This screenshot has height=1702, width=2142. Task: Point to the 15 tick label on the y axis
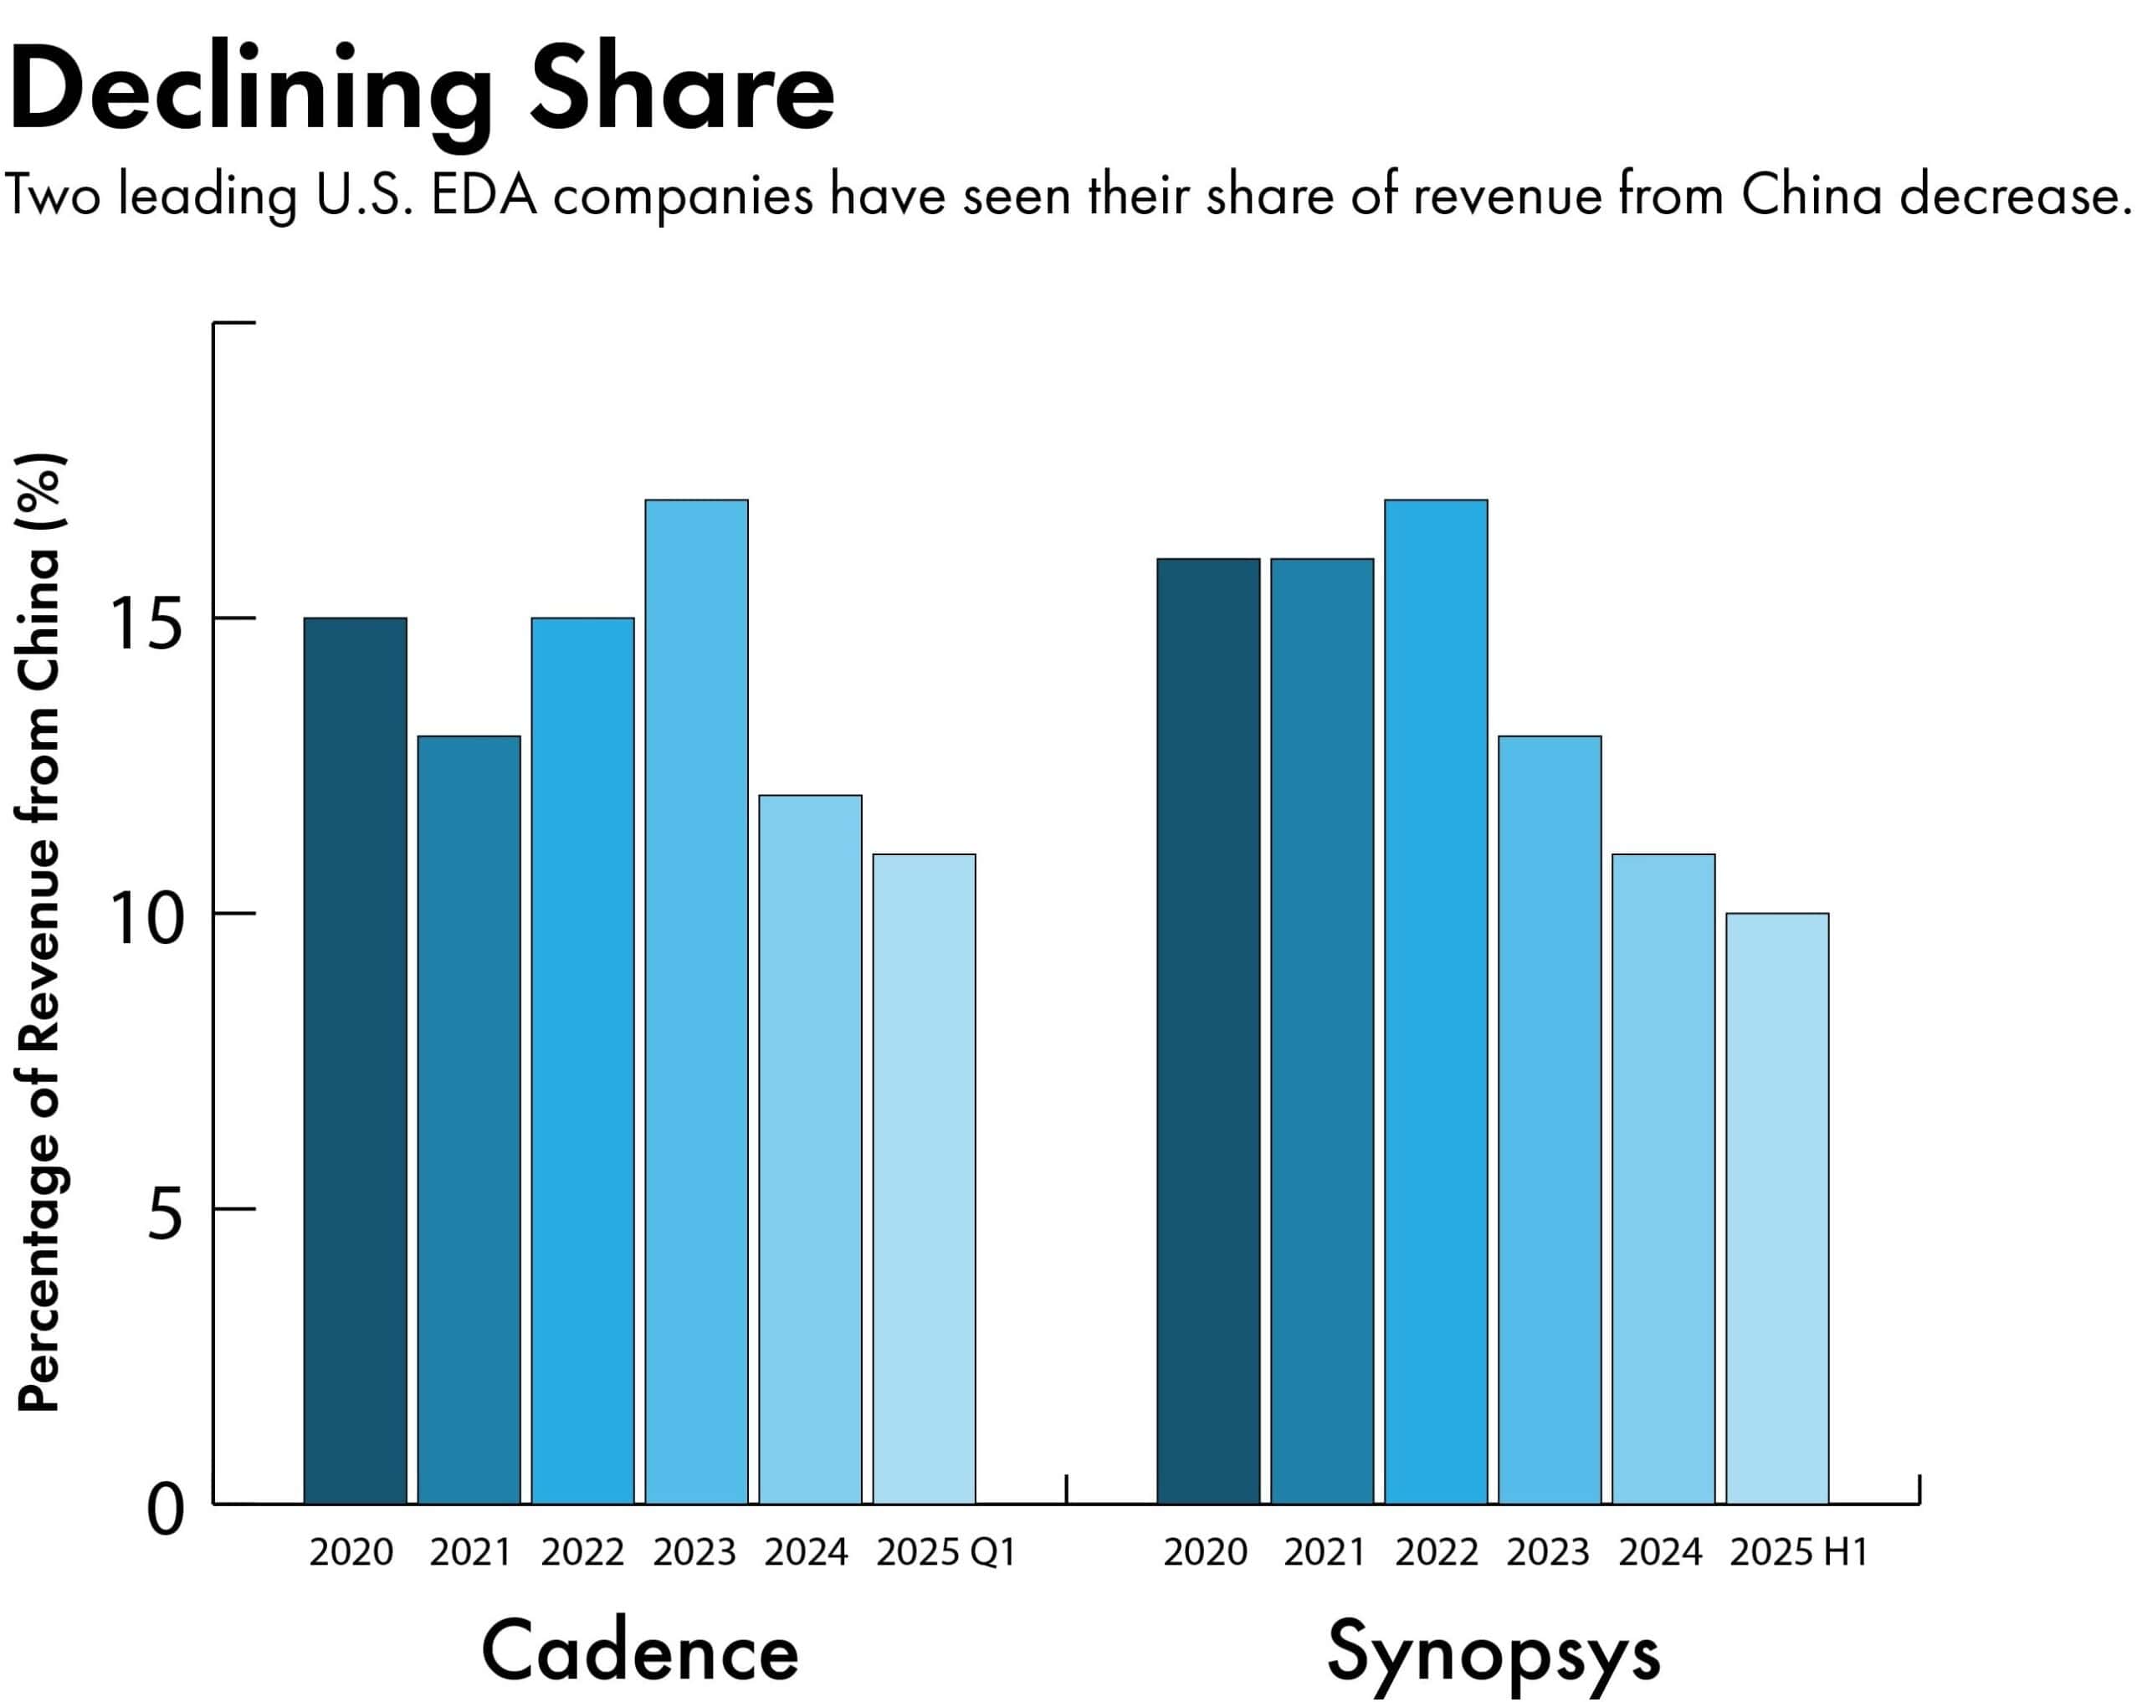coord(149,626)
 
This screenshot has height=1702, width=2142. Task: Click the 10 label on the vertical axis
coord(149,921)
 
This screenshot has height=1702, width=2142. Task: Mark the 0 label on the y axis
coord(165,1512)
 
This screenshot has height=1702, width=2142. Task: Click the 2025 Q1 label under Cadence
coord(945,1552)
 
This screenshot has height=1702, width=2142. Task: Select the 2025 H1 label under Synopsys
coord(1798,1552)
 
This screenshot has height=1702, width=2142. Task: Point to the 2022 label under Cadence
coord(582,1552)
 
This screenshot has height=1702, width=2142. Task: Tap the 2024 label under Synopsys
coord(1660,1552)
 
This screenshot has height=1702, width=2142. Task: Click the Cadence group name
coord(640,1651)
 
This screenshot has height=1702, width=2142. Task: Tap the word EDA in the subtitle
coord(484,196)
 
